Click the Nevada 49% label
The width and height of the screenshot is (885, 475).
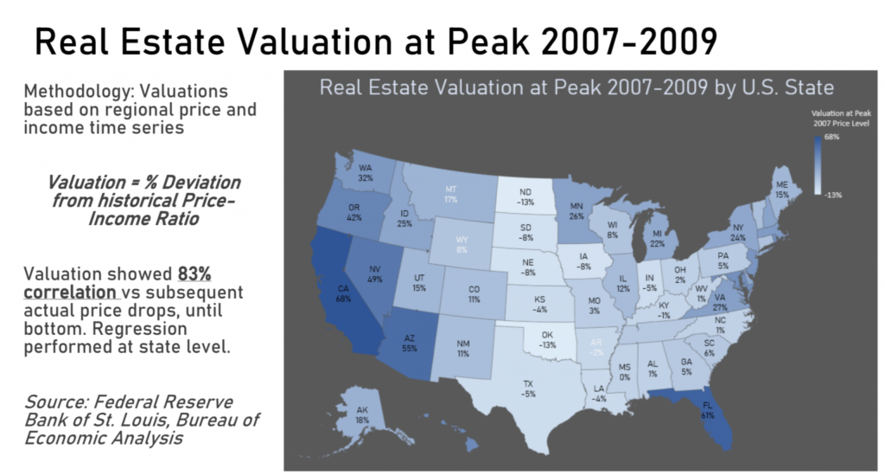pyautogui.click(x=375, y=273)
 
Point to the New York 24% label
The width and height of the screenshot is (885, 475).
pyautogui.click(x=738, y=232)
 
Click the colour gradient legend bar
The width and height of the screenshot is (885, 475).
pyautogui.click(x=817, y=166)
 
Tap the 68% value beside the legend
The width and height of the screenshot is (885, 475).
pyautogui.click(x=831, y=138)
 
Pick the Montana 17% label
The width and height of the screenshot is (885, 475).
pyautogui.click(x=450, y=194)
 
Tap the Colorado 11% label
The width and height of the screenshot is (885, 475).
pyautogui.click(x=474, y=293)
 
